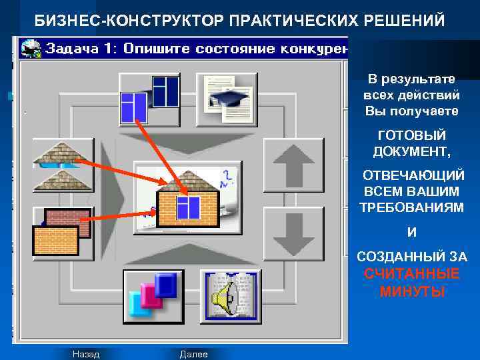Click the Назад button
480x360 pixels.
pyautogui.click(x=86, y=354)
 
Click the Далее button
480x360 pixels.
pyautogui.click(x=194, y=354)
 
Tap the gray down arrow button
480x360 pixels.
pyautogui.click(x=293, y=233)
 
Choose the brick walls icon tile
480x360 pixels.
pyautogui.click(x=63, y=233)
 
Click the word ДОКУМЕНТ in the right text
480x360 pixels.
pyautogui.click(x=411, y=151)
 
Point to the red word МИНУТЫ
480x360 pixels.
pyautogui.click(x=411, y=291)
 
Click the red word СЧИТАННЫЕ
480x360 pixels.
pyautogui.click(x=411, y=274)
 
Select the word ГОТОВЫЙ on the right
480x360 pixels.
pyautogui.click(x=411, y=135)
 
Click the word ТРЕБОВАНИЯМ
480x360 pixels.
pyautogui.click(x=411, y=207)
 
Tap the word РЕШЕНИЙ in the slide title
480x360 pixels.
pyautogui.click(x=406, y=20)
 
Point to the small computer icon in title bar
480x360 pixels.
pyautogui.click(x=29, y=48)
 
